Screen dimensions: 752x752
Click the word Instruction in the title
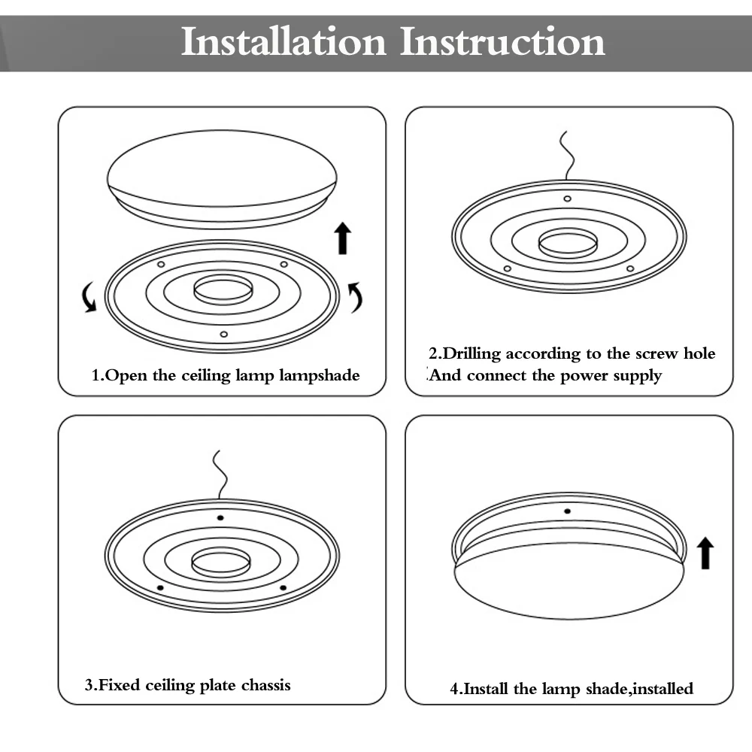(x=502, y=42)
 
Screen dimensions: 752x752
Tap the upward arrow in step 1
(x=343, y=238)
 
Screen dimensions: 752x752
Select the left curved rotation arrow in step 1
(x=89, y=297)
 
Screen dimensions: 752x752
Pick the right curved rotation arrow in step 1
(x=355, y=297)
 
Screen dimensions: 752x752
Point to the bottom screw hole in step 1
(x=223, y=334)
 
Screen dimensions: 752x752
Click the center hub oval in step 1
(x=223, y=290)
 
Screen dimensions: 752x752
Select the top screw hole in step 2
(x=567, y=199)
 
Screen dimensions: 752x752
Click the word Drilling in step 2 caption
(x=472, y=354)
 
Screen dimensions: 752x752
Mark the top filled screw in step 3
(x=220, y=518)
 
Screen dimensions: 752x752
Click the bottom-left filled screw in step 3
(x=159, y=587)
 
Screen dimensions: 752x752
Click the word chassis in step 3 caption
(x=265, y=685)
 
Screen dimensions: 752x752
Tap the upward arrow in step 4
(x=705, y=553)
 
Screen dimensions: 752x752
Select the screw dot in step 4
(x=567, y=511)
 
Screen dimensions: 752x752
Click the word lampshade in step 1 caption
(x=320, y=375)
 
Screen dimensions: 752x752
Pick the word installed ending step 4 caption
(x=661, y=689)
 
